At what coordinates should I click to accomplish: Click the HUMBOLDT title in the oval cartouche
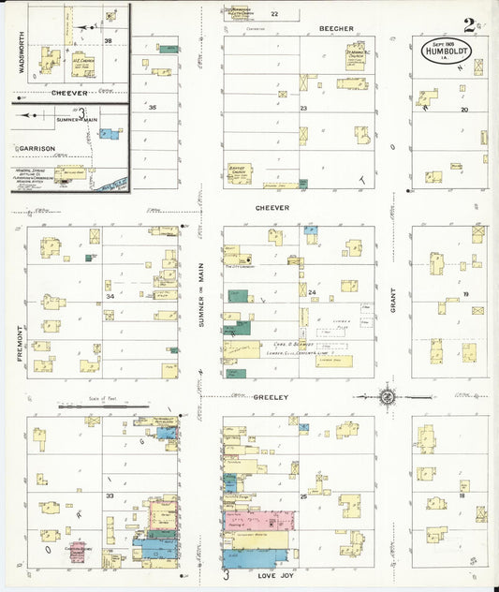click(446, 52)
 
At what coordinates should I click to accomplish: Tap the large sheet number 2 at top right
click(467, 25)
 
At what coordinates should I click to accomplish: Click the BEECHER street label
click(336, 29)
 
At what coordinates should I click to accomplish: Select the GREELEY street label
click(270, 397)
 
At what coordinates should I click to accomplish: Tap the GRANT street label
click(393, 299)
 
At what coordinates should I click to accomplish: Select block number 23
click(303, 109)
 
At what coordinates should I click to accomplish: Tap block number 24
click(313, 292)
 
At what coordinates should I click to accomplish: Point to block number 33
click(110, 496)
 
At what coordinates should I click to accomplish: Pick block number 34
click(110, 297)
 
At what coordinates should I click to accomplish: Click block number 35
click(152, 107)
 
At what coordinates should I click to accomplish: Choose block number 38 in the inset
click(109, 41)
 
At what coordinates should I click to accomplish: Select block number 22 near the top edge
click(274, 14)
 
